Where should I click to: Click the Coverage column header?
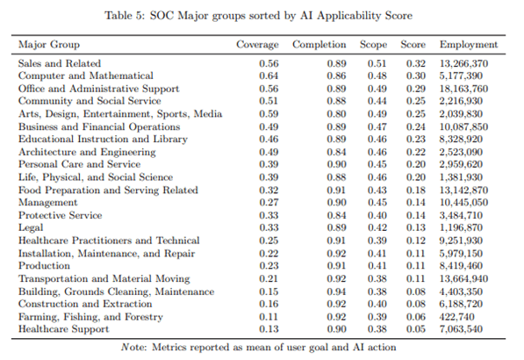coord(257,45)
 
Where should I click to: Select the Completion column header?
coord(319,45)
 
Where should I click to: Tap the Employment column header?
coord(469,45)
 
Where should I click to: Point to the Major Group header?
coord(49,45)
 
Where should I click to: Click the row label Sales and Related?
coord(60,63)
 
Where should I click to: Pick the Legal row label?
coord(31,227)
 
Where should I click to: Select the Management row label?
coord(47,203)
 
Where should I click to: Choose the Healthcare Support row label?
coord(63,329)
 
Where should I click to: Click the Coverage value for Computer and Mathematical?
coord(269,76)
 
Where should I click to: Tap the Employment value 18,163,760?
coord(463,89)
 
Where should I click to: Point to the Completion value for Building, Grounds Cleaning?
coord(336,292)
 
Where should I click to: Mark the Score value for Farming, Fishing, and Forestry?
coord(416,317)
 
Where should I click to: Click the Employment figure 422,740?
coord(456,317)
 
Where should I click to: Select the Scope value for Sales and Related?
coord(377,63)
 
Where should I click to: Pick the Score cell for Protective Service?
coord(416,215)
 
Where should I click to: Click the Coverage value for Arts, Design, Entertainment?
coord(269,114)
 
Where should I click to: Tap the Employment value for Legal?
coord(461,227)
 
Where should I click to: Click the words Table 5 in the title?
coord(125,16)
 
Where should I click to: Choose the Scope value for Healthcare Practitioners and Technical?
coord(377,241)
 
